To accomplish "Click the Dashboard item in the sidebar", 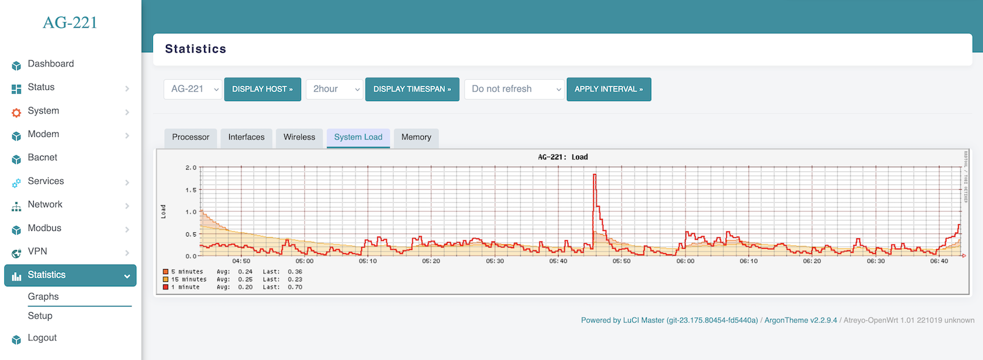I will (x=50, y=64).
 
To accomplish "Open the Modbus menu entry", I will (x=44, y=228).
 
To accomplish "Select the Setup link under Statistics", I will (x=40, y=316).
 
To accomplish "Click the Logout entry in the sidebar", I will (x=42, y=338).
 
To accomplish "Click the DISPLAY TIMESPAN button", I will (x=412, y=89).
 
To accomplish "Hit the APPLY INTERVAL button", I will (x=608, y=89).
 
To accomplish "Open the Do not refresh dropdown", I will (x=514, y=89).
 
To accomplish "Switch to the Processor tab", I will (x=190, y=137).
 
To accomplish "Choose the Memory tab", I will (x=416, y=137).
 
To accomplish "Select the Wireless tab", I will (x=299, y=137).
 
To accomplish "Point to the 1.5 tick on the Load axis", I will (x=191, y=190).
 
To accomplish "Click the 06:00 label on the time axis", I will (x=685, y=261).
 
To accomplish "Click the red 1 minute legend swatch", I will (x=166, y=287).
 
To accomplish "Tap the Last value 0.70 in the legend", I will (x=295, y=287).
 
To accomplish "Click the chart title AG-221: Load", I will (x=563, y=157).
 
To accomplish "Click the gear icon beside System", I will (x=17, y=112).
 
